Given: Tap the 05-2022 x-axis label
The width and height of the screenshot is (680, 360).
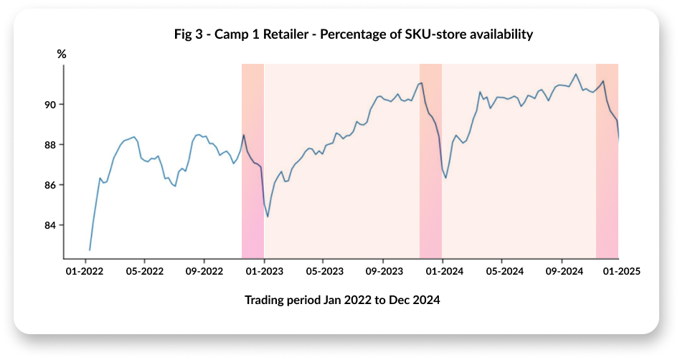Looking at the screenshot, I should [145, 272].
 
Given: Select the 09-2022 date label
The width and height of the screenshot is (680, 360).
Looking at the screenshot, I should [204, 272].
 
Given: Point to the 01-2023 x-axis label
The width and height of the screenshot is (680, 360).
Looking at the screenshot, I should [264, 272].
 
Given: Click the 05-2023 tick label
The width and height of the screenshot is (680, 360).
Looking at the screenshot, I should [323, 272].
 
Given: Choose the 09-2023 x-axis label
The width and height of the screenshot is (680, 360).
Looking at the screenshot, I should [383, 272].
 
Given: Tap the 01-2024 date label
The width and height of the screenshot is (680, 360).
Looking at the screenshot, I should [442, 272].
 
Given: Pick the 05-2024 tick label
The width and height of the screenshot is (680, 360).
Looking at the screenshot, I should [501, 272].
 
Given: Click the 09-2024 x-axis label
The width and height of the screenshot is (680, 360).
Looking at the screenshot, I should [561, 272].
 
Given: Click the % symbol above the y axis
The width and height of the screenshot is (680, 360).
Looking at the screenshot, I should [62, 54].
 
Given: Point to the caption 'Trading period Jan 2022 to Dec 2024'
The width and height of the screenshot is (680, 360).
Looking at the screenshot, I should [342, 300].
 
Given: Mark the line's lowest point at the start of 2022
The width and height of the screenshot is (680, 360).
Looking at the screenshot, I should [90, 250].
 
